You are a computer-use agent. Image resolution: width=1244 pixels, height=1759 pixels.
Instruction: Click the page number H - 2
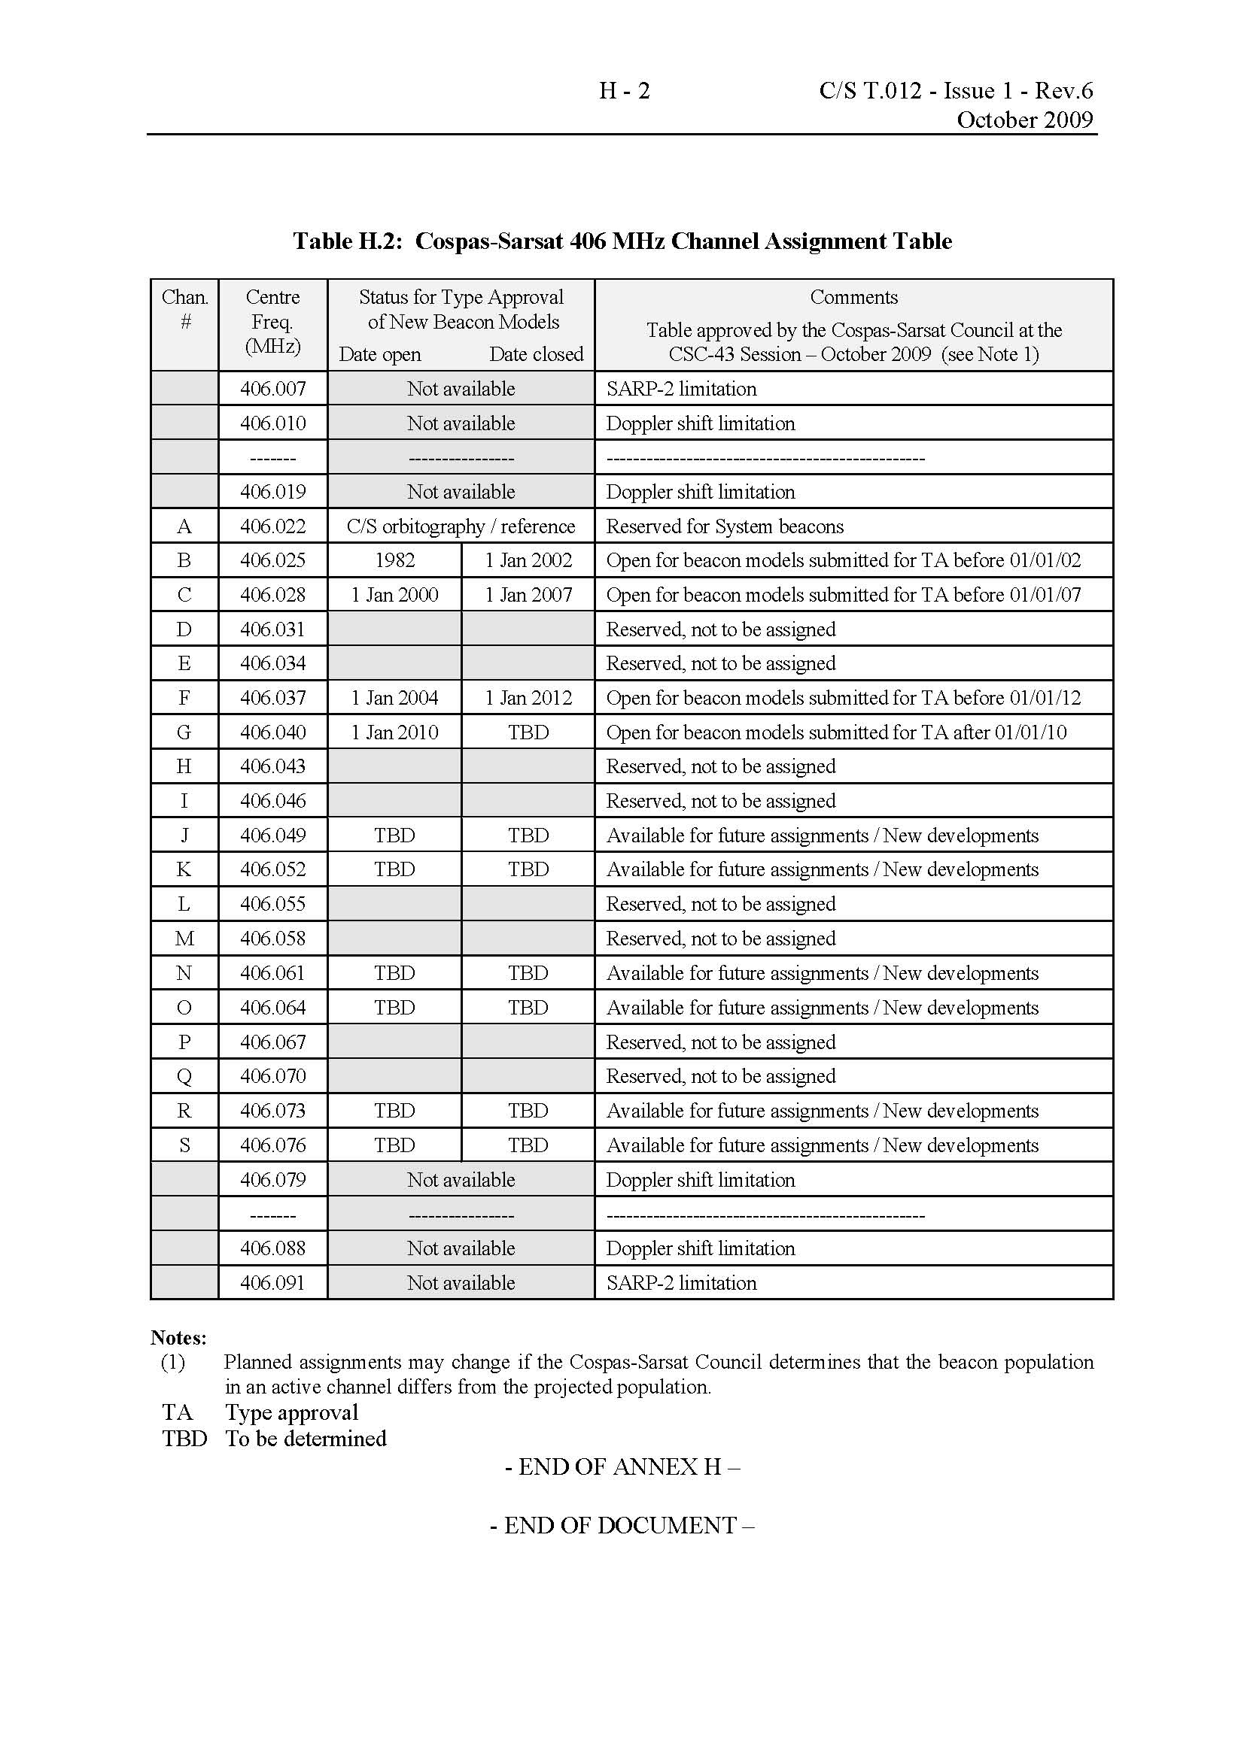624,91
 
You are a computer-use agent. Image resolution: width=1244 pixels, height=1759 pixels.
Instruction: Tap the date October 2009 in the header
1024,120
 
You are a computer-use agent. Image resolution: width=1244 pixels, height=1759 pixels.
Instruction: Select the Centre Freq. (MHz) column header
273,322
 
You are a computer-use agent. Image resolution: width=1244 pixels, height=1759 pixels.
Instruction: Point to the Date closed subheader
536,355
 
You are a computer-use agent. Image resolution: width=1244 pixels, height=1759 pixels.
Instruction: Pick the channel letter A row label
184,526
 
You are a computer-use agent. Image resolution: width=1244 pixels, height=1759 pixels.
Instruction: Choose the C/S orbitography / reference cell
461,526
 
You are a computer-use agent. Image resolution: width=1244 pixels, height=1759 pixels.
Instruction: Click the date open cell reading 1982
395,561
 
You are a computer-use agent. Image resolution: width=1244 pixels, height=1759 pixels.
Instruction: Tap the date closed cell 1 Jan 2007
528,596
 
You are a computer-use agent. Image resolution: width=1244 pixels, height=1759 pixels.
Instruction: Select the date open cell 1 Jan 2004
395,698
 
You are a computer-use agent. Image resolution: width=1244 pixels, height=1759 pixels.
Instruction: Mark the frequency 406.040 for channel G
273,732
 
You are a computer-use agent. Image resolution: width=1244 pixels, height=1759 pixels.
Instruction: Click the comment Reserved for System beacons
724,526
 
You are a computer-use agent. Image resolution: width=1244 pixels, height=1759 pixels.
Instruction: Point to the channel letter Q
184,1076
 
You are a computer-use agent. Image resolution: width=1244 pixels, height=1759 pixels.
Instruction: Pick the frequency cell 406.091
273,1282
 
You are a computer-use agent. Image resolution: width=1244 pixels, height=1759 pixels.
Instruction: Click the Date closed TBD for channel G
528,732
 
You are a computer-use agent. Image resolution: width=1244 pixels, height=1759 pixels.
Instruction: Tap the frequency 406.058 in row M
273,939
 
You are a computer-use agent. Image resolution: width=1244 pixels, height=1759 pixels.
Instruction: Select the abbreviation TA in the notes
177,1412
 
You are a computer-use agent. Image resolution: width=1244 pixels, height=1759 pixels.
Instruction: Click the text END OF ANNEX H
622,1466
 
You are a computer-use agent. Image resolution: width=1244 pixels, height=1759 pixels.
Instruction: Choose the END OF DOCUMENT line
622,1525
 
